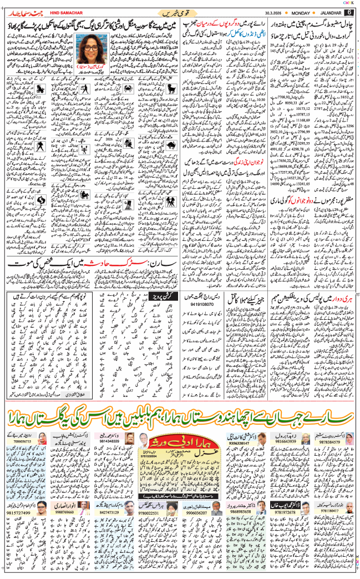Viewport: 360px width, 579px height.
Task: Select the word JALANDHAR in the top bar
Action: pos(328,13)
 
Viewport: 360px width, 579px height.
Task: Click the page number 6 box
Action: pos(349,13)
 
